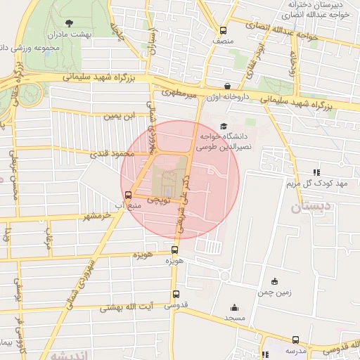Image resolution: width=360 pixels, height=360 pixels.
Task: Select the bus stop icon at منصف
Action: click(224, 30)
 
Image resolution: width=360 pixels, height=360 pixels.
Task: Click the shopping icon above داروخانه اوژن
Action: click(226, 86)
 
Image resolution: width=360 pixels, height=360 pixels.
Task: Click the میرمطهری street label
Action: click(176, 92)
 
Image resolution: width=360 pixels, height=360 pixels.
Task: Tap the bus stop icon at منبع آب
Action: click(128, 195)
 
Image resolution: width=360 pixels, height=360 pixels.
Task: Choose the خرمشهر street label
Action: click(96, 216)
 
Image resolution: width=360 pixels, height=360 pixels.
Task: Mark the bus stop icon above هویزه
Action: click(175, 250)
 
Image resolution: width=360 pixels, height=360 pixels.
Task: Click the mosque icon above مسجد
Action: click(234, 307)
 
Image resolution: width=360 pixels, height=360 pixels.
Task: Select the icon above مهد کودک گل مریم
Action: click(317, 172)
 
